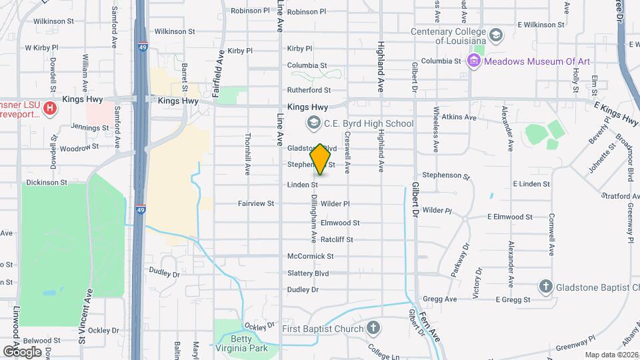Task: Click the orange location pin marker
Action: coord(321,159)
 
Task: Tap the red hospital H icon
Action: coord(49,107)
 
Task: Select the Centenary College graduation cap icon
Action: coord(495,35)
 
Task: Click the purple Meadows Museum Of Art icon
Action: coord(474,61)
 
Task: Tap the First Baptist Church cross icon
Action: coord(373,328)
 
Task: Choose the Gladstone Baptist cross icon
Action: coord(545,287)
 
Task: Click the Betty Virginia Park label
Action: coord(240,343)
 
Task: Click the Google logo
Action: coord(22,352)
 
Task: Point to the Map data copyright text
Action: coord(611,355)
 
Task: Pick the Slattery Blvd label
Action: coord(308,273)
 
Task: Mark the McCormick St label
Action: coord(310,256)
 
